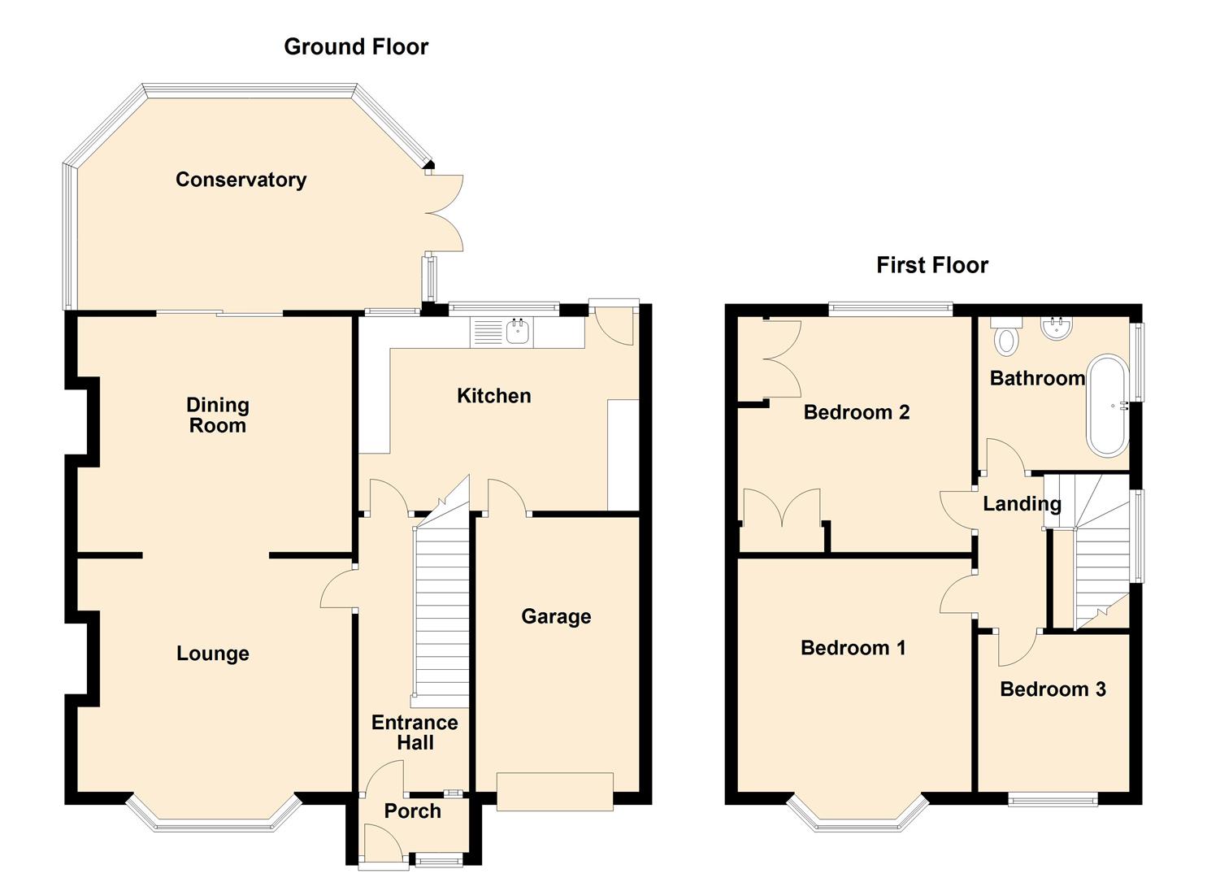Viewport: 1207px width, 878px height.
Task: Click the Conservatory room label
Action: click(x=241, y=180)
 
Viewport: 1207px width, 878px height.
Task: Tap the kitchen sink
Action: click(x=518, y=332)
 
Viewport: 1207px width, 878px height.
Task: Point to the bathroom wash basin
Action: click(x=1057, y=327)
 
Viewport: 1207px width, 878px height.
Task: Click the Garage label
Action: click(x=556, y=616)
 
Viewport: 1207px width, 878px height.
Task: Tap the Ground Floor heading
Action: click(x=356, y=47)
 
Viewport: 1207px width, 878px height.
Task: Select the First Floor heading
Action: click(x=932, y=265)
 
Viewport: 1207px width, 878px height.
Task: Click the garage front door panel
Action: click(x=555, y=791)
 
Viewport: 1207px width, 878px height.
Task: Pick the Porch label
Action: click(x=412, y=811)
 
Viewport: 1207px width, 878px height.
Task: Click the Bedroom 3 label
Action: click(x=1053, y=689)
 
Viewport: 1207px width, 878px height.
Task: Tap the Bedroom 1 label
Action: click(x=853, y=648)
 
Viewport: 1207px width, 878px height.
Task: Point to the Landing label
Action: click(x=1022, y=504)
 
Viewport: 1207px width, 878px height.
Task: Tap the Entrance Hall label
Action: click(x=415, y=732)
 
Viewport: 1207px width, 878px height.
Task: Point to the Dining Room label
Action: click(x=217, y=415)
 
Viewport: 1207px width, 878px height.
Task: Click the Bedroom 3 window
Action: click(x=1052, y=800)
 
